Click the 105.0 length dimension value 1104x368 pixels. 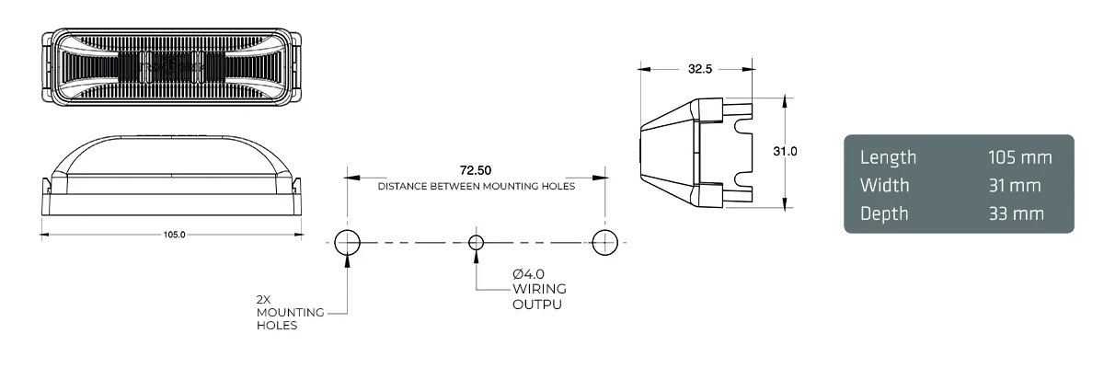point(174,235)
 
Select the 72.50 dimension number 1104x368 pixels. point(476,170)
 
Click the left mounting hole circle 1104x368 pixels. point(347,242)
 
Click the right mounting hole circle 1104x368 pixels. point(604,242)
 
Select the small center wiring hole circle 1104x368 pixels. point(476,242)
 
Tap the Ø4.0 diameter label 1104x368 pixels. point(531,274)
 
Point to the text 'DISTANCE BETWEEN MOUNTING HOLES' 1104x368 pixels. point(476,186)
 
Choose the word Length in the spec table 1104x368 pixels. point(888,157)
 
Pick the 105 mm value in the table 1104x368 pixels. point(1019,157)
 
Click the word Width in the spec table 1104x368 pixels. point(884,185)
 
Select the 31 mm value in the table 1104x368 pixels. point(1015,186)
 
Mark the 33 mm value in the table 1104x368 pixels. point(1017,213)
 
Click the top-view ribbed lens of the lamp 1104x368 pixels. point(172,66)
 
